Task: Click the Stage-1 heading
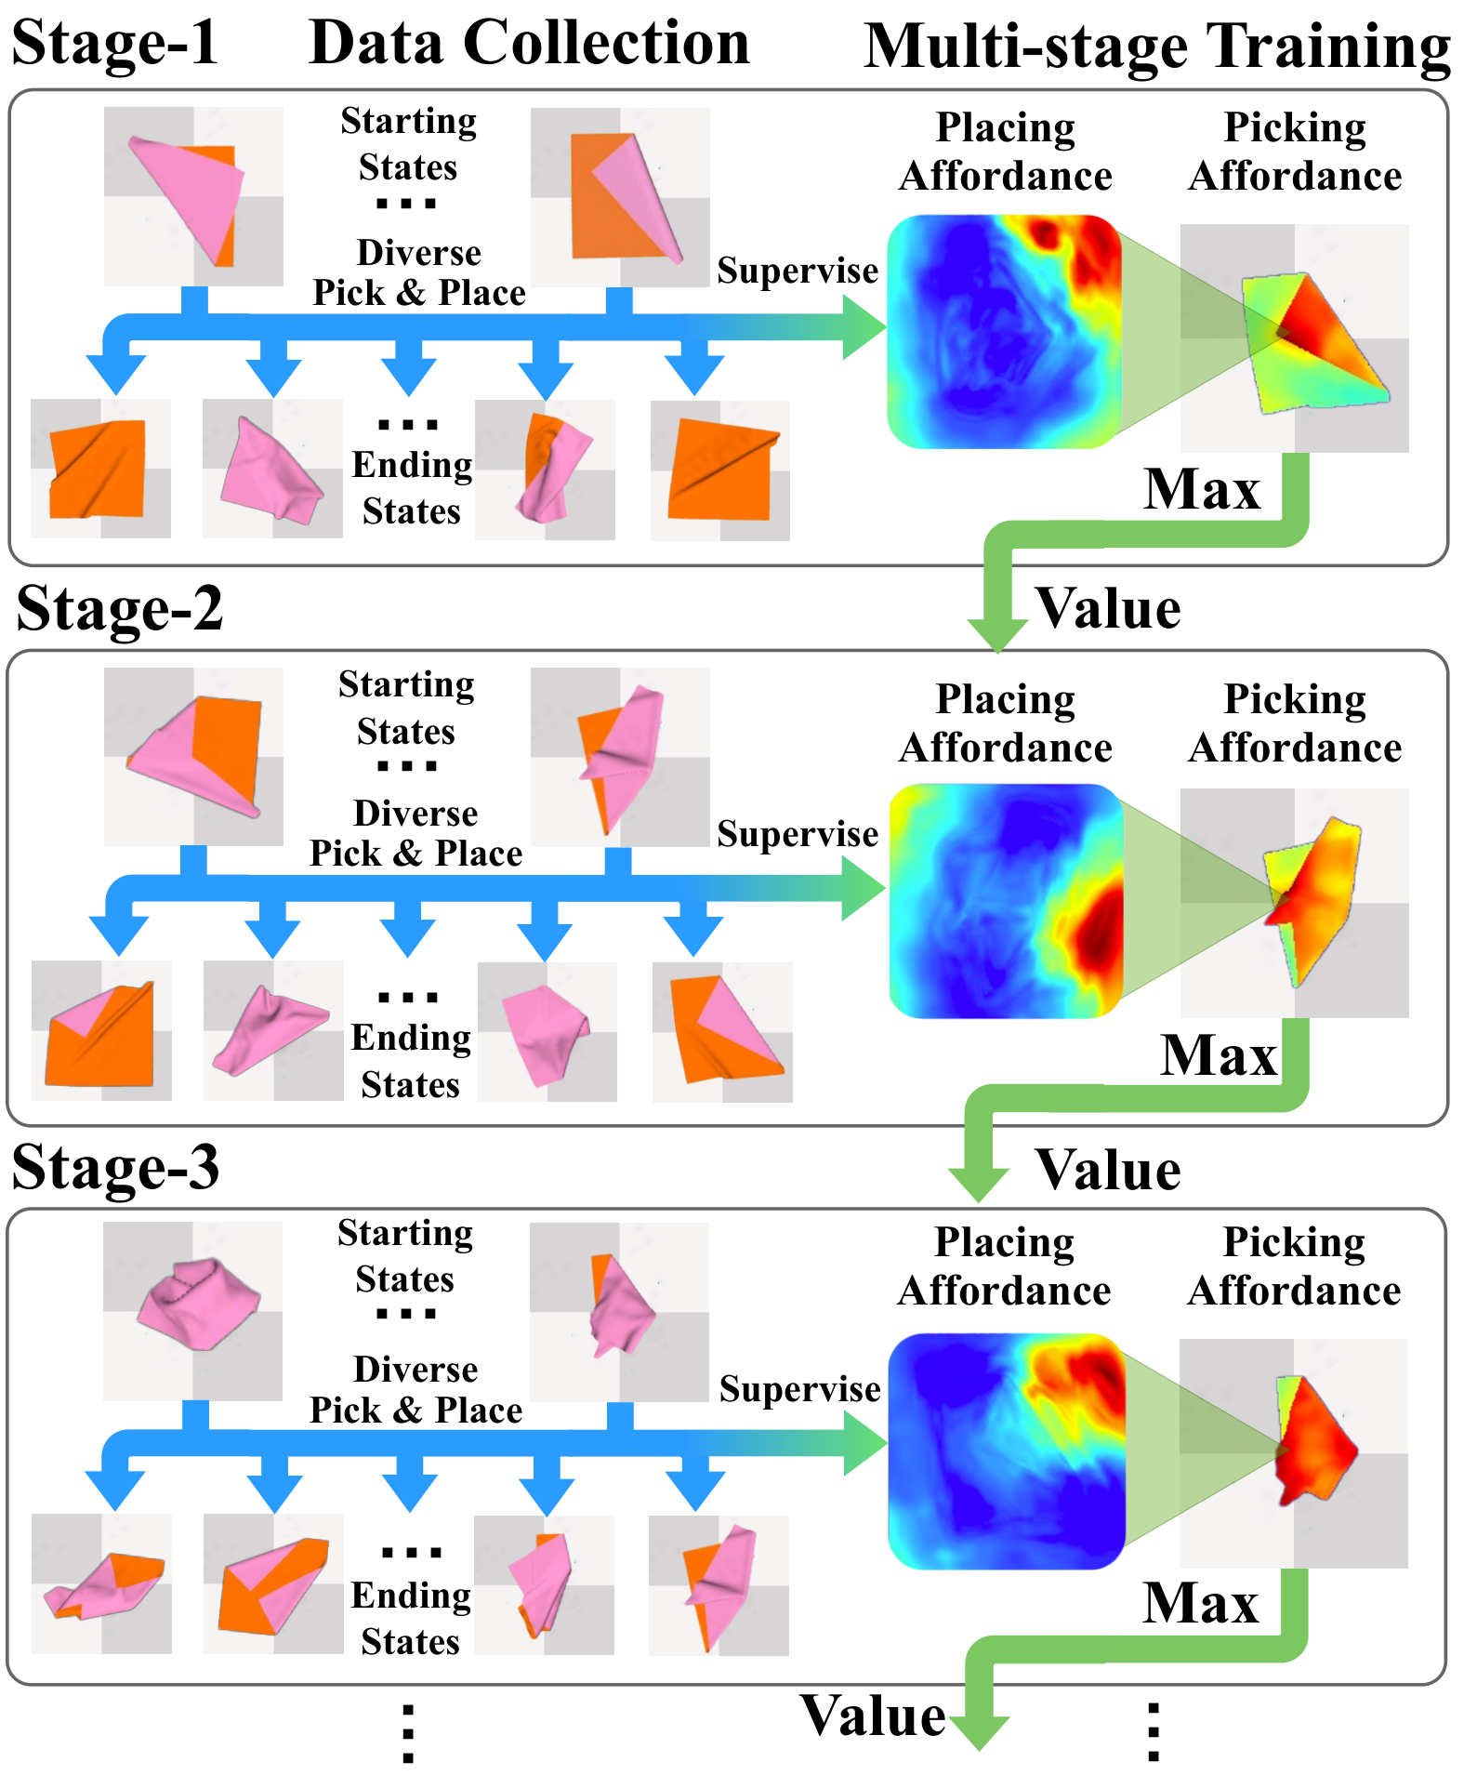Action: pos(115,43)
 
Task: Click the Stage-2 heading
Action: pos(120,609)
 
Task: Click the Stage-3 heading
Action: pos(116,1167)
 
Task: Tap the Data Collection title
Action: pos(529,43)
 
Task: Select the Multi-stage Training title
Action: pos(1157,46)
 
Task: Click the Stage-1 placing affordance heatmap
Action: pos(1005,332)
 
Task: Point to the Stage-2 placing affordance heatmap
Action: pos(1007,901)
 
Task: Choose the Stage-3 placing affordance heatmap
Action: pos(1007,1451)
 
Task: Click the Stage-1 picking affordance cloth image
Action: pos(1295,338)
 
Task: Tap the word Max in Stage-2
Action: pos(1219,1055)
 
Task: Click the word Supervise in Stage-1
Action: pos(798,271)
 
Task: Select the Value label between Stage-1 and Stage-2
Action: pos(1109,609)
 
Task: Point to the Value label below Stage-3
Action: pos(873,1715)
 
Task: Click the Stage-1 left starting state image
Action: pos(193,196)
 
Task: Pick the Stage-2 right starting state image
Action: pos(620,757)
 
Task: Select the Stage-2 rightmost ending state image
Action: pos(722,1032)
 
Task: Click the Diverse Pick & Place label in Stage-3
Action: pos(415,1390)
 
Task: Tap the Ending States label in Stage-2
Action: pos(411,1061)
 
